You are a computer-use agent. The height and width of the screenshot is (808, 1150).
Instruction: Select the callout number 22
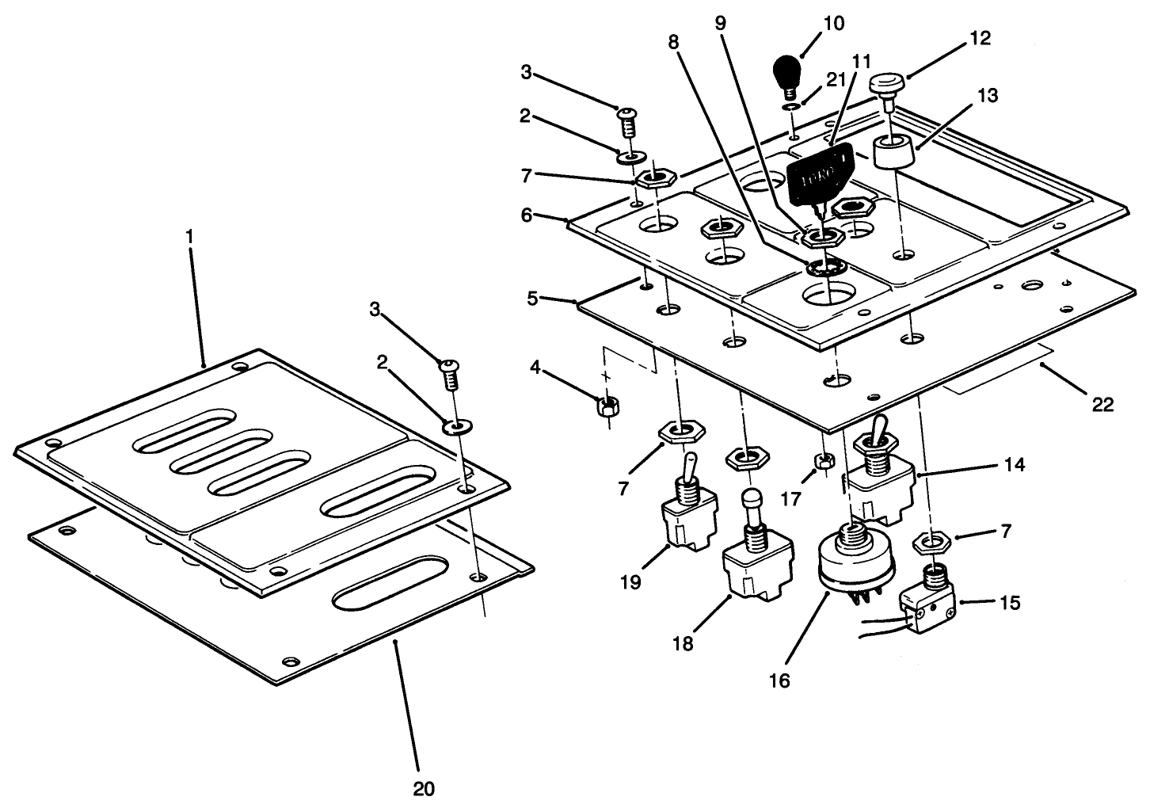[x=1102, y=405]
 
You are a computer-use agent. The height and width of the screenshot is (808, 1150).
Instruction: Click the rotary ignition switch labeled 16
[x=855, y=558]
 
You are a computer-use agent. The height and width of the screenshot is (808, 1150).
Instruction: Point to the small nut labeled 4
[x=607, y=406]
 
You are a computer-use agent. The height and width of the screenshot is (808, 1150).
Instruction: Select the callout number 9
[x=720, y=23]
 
